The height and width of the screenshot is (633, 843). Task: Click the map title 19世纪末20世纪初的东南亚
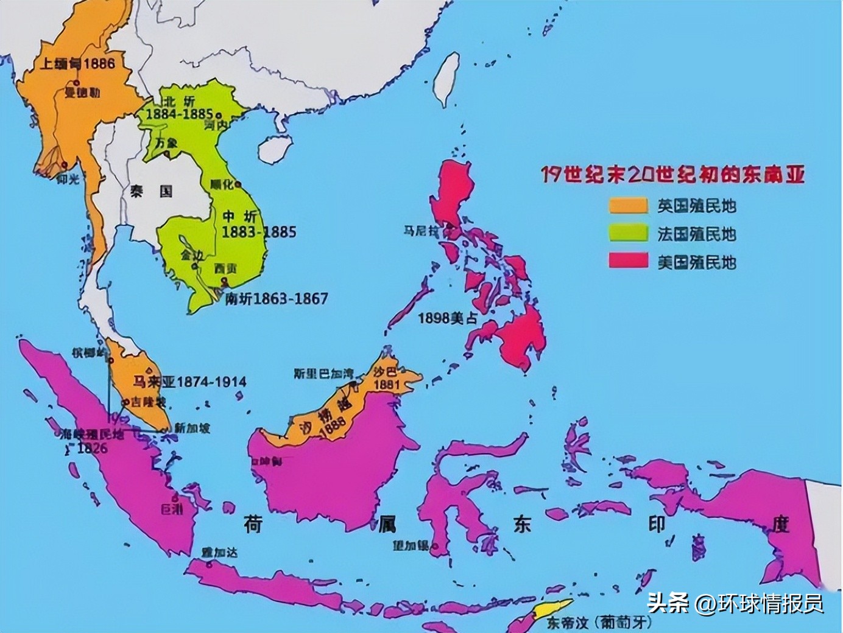[673, 175]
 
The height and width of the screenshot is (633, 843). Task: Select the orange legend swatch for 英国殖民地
[628, 206]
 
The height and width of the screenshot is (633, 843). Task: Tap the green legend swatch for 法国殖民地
[628, 234]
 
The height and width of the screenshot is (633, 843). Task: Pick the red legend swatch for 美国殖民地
[628, 262]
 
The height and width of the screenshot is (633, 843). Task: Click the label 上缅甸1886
[77, 63]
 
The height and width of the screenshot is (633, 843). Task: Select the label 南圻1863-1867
[276, 299]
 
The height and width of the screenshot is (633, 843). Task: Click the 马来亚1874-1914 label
[189, 382]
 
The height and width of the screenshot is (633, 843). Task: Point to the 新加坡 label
[192, 428]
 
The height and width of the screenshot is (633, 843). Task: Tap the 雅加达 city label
[220, 552]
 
